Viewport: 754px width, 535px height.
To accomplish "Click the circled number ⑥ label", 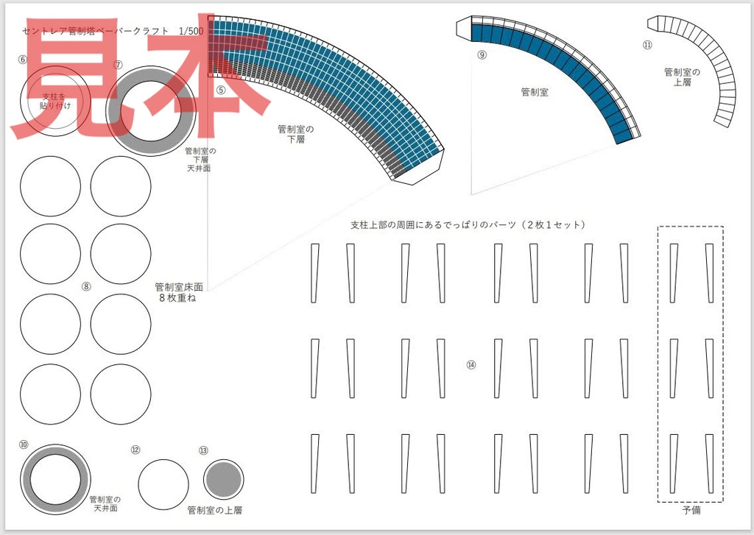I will coord(23,60).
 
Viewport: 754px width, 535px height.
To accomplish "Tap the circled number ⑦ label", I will coord(118,64).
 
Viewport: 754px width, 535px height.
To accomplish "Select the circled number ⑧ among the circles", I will coord(86,287).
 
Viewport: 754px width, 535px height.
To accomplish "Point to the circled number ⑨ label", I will coord(482,54).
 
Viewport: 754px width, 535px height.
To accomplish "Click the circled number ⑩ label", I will coord(24,444).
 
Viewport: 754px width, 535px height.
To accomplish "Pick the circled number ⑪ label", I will coord(647,45).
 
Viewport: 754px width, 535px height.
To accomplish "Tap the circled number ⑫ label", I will coord(135,450).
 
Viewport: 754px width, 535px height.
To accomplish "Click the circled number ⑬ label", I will coord(203,450).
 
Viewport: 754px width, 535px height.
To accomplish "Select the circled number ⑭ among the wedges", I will coord(471,364).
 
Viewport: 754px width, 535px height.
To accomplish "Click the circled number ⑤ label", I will coord(221,90).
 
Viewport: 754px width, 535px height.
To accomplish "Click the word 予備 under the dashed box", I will coord(691,509).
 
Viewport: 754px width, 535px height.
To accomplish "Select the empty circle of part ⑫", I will coord(163,484).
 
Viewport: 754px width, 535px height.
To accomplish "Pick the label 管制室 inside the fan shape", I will coord(535,92).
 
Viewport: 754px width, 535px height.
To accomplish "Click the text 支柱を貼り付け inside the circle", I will coord(53,101).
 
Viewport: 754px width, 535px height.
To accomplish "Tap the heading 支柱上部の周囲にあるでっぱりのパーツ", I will coord(468,224).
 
